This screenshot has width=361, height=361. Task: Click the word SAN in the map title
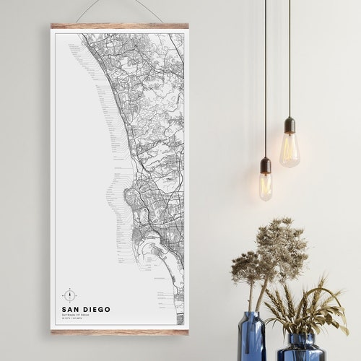[x=71, y=310]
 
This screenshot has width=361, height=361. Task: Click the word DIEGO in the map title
[x=96, y=310]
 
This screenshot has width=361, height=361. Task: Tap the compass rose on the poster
[x=69, y=295]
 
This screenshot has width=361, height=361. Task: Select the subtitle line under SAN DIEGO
[x=80, y=316]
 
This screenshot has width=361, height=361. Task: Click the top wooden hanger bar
[x=119, y=26]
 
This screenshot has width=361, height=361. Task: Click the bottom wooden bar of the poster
[x=119, y=331]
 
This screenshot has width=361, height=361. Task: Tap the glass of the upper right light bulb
[x=290, y=151]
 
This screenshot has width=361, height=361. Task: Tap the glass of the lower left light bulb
[x=266, y=186]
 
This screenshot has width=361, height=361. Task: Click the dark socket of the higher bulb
[x=290, y=125]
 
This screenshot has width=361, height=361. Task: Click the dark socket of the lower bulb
[x=266, y=165]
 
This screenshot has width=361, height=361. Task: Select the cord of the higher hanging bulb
[x=290, y=58]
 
